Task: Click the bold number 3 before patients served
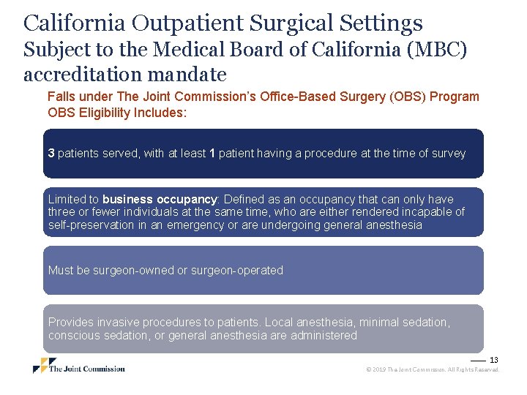tap(51, 154)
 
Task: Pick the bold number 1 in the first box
tap(212, 154)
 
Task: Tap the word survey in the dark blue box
tap(448, 154)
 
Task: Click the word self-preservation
tap(91, 225)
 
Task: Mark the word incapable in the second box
tap(423, 212)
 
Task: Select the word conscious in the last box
tap(74, 336)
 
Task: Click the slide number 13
tap(493, 360)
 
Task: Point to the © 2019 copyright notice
tap(432, 370)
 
